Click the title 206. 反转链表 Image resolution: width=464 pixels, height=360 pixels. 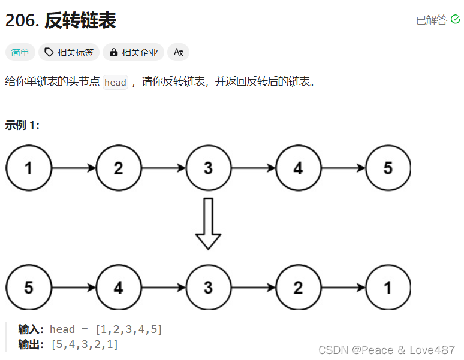61,20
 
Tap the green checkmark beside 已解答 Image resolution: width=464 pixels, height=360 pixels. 455,20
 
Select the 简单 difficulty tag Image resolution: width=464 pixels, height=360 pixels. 20,53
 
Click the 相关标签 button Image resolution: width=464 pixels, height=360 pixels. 69,53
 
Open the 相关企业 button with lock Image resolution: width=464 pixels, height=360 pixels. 134,53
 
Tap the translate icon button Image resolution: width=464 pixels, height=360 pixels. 178,53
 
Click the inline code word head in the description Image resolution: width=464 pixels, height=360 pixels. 115,83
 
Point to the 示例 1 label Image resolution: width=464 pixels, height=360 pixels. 22,125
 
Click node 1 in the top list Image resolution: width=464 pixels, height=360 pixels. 29,168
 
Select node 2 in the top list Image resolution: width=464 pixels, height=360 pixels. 119,168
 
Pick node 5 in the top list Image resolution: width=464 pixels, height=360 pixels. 388,168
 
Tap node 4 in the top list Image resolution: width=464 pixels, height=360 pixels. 298,168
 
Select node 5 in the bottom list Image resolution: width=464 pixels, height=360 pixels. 29,288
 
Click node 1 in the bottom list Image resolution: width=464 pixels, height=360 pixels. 388,288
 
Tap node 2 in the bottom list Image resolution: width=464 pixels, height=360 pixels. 298,288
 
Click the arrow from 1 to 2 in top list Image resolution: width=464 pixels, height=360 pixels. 74,168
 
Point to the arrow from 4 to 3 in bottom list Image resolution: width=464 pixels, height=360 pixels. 164,288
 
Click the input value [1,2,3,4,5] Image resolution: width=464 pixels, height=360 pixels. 129,329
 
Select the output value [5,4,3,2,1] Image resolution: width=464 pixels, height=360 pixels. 85,344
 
